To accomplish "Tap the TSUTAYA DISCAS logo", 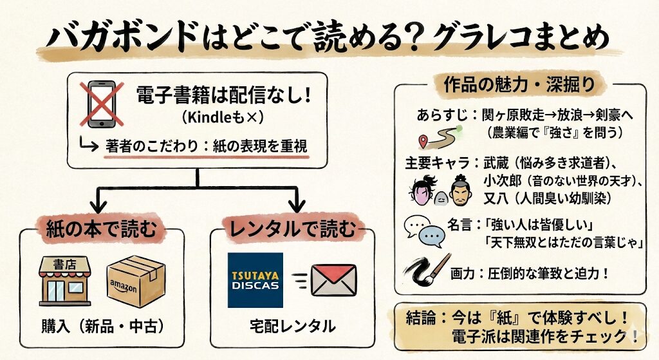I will click(x=255, y=280).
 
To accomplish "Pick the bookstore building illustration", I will click(x=65, y=280).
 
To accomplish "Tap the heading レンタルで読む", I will click(x=293, y=229).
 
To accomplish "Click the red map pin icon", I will click(x=423, y=141).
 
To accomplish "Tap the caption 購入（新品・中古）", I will click(x=102, y=326).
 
